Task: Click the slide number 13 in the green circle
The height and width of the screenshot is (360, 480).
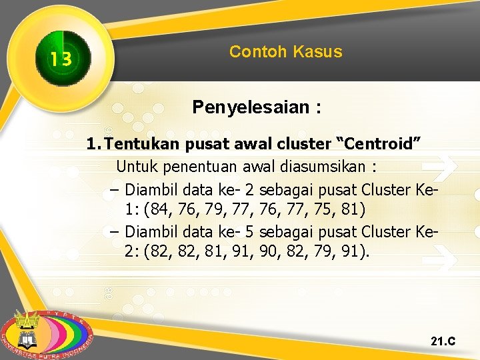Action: pos(60,60)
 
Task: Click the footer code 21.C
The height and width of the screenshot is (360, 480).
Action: pos(443,341)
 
